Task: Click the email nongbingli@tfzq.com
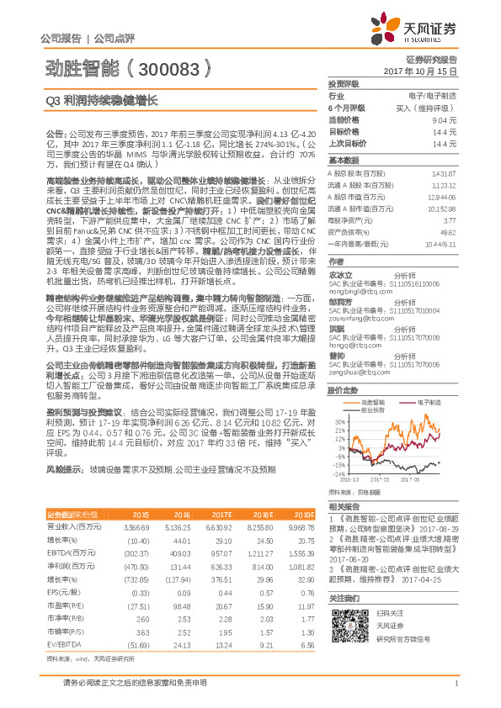point(353,283)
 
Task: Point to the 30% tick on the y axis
point(338,420)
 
